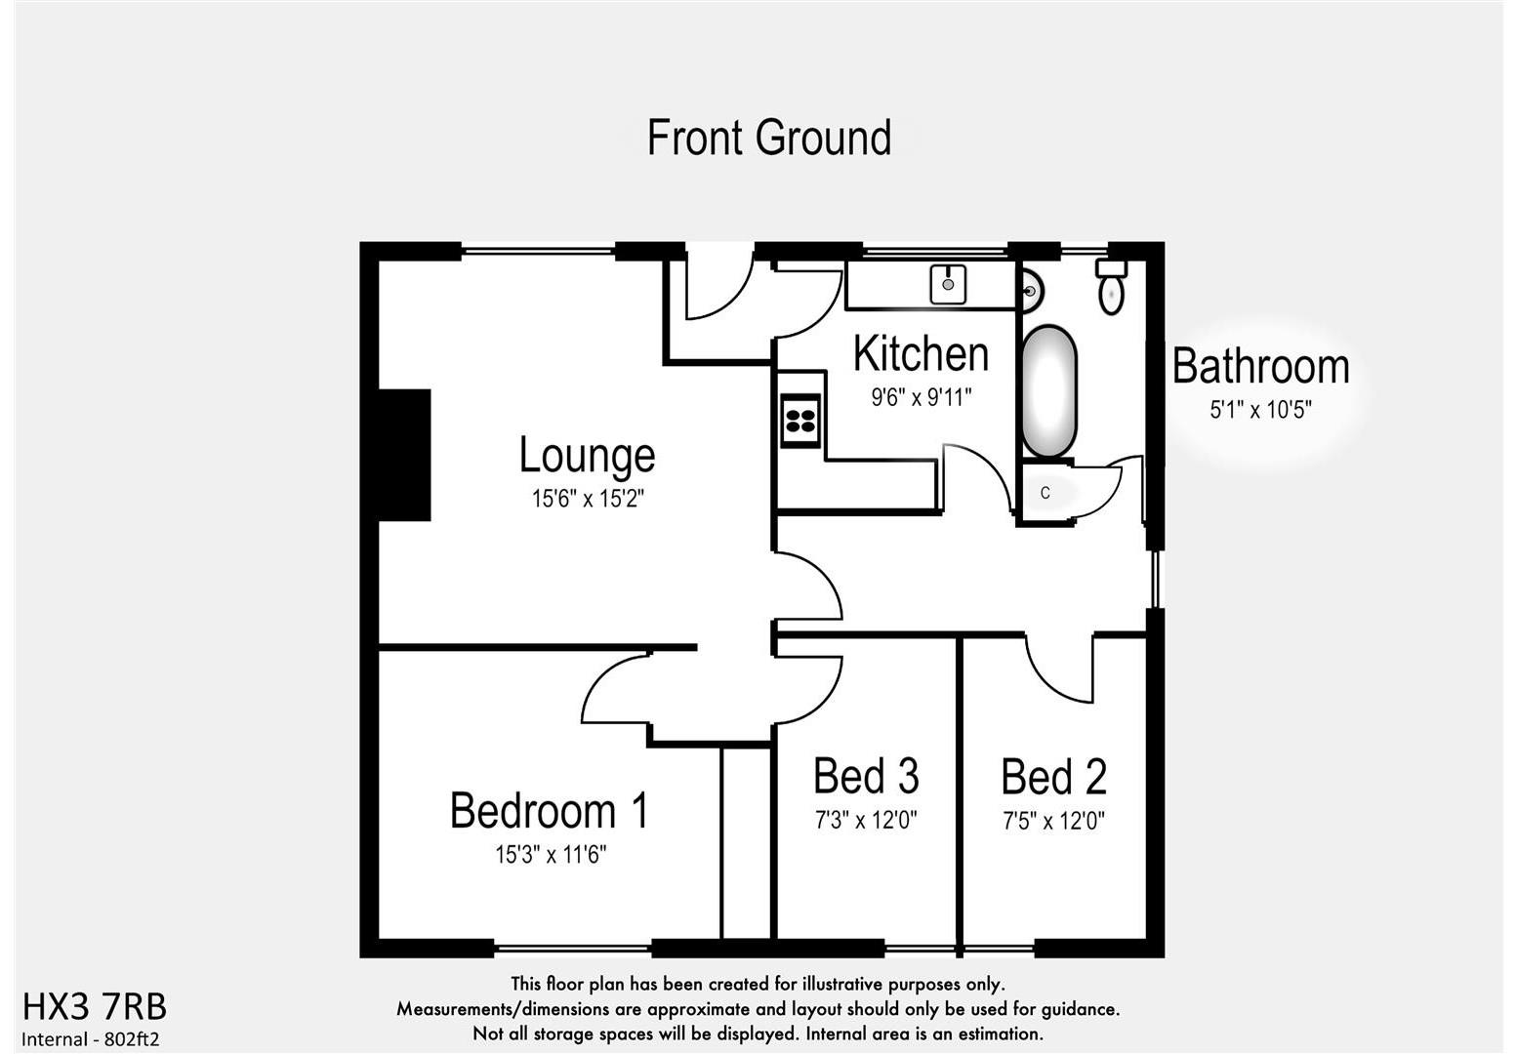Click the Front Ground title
tap(769, 138)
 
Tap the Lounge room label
tap(587, 456)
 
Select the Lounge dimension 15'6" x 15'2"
tap(588, 499)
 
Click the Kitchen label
tap(921, 353)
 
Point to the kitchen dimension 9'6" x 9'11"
tap(922, 397)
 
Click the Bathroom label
tap(1260, 367)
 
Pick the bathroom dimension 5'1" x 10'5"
tap(1260, 410)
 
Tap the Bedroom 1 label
tap(550, 811)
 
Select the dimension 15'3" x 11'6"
tap(551, 855)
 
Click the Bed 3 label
tap(866, 777)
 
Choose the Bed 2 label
tap(1054, 778)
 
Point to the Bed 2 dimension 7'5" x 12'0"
tap(1054, 822)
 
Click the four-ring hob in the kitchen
tap(800, 421)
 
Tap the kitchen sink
tap(948, 284)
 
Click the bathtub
tap(1049, 390)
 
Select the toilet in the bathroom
tap(1111, 287)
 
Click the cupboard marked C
tap(1045, 493)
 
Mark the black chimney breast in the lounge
tap(404, 455)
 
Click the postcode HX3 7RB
tap(95, 1006)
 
